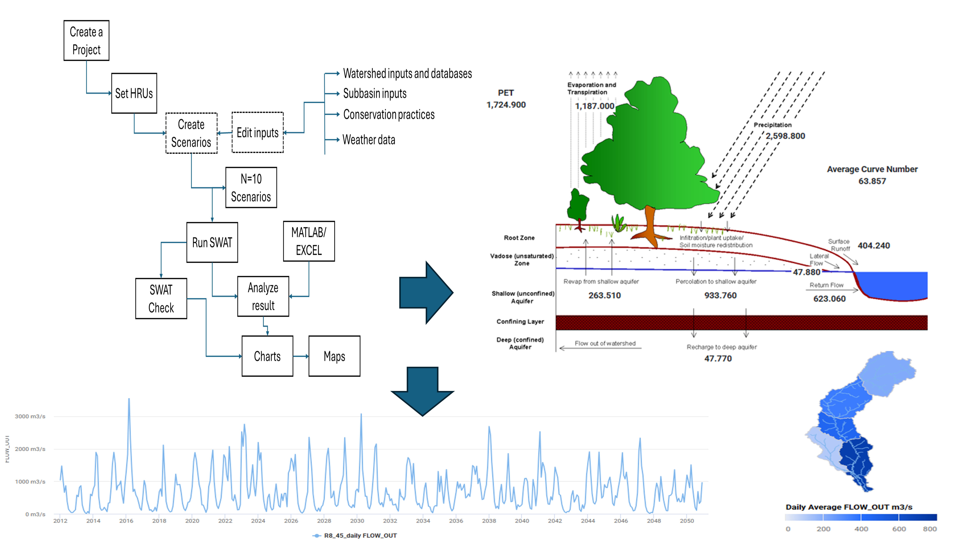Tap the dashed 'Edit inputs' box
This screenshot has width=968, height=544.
click(x=257, y=133)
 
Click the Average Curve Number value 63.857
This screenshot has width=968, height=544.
click(x=872, y=181)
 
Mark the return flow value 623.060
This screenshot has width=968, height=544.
click(x=829, y=299)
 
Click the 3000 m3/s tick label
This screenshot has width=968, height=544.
click(x=30, y=416)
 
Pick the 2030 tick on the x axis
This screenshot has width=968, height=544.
click(x=357, y=521)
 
